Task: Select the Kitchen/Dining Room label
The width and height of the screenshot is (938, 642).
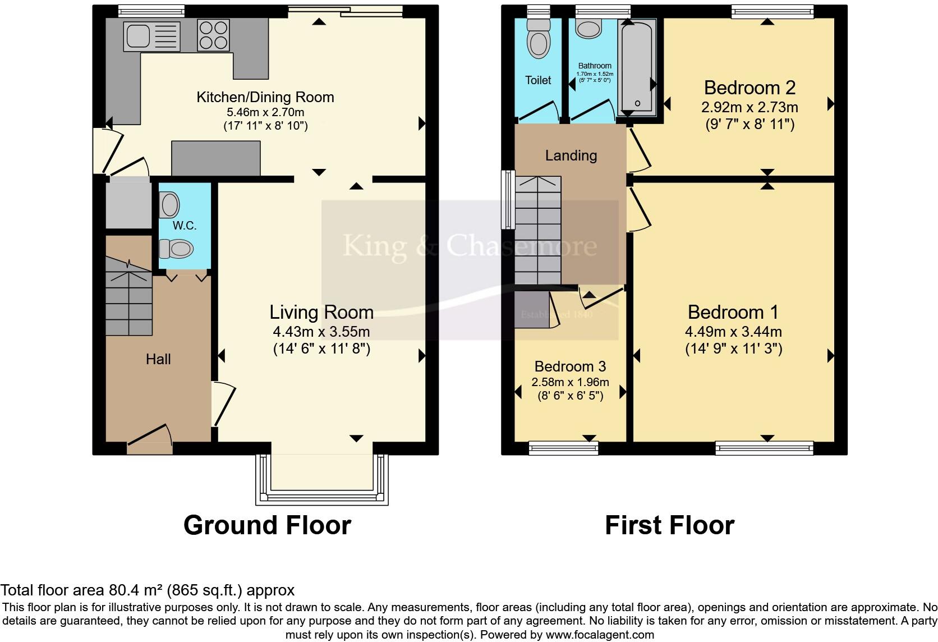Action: point(265,97)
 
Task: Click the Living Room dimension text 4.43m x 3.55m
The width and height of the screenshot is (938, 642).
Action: point(321,332)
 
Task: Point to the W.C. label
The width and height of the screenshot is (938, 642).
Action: point(185,226)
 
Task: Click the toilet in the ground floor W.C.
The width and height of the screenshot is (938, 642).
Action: point(176,248)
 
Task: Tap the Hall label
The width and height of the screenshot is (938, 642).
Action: point(158,359)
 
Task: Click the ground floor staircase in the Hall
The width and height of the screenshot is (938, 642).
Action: point(129,303)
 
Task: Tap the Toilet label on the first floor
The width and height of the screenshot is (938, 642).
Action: point(538,80)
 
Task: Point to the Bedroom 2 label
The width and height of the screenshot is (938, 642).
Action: point(750,88)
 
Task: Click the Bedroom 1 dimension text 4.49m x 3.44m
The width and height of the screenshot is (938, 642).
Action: point(733,332)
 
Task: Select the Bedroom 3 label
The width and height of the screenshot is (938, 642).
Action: point(570,367)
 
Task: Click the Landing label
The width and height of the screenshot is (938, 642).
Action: point(571,155)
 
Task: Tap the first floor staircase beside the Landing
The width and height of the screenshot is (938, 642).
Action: point(538,230)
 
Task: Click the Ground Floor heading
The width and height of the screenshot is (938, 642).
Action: point(267,526)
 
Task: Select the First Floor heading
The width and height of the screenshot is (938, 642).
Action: point(669,526)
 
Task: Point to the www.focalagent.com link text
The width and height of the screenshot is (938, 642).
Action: point(600,635)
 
